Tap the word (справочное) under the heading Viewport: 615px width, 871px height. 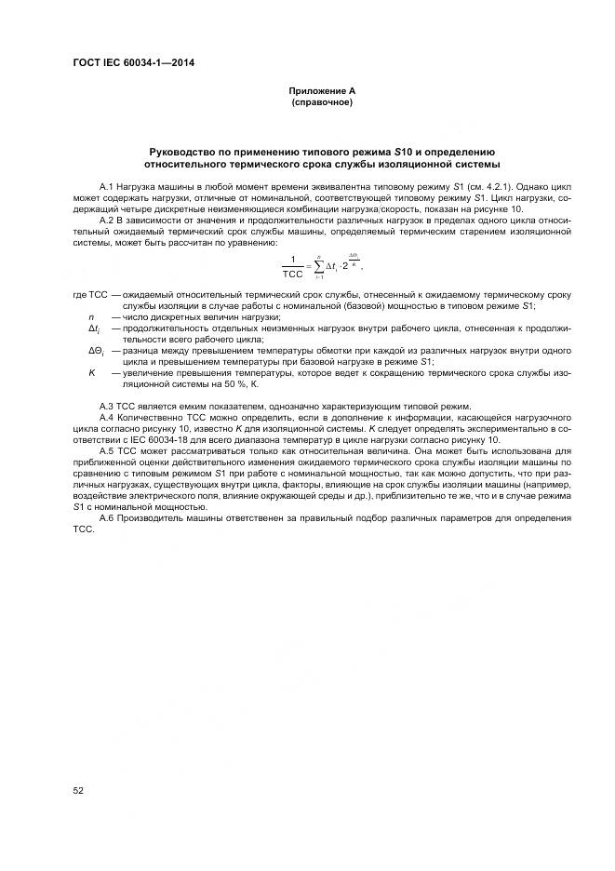coord(321,101)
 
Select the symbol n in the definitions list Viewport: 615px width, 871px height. coord(91,317)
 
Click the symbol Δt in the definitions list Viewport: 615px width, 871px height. coord(93,328)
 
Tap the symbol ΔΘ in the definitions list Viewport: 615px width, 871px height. coord(95,351)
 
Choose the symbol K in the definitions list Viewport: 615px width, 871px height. coord(91,372)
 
